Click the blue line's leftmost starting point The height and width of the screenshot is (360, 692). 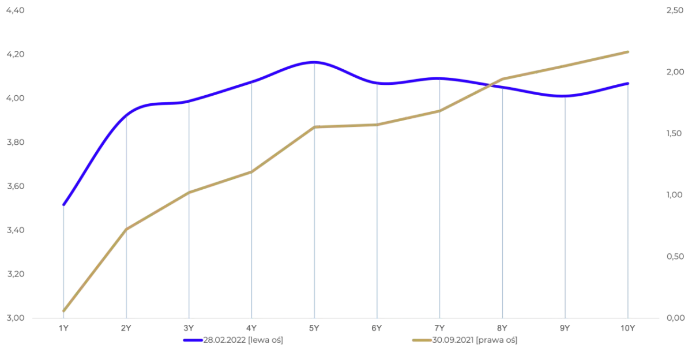pos(62,205)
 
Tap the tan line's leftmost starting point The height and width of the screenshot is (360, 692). pos(62,312)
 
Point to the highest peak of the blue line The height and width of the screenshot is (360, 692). pos(314,62)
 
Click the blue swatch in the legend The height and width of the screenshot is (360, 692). pos(193,341)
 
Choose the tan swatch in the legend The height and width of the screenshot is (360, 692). pos(422,341)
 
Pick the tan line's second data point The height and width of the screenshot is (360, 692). pos(125,231)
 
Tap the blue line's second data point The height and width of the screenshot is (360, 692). pos(125,113)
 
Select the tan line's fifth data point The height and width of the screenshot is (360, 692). pos(314,127)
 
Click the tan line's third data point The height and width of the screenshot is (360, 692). pos(188,192)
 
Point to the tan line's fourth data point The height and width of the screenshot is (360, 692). pos(251,171)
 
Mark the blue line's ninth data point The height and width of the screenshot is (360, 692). pos(565,96)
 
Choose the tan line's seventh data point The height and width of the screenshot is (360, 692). pos(439,111)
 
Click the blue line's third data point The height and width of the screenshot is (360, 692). pos(188,102)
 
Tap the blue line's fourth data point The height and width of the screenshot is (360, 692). pos(251,82)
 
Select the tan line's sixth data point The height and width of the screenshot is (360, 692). pos(377,124)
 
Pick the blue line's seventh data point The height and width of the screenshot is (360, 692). pos(439,78)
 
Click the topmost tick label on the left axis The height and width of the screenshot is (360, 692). pos(15,12)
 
